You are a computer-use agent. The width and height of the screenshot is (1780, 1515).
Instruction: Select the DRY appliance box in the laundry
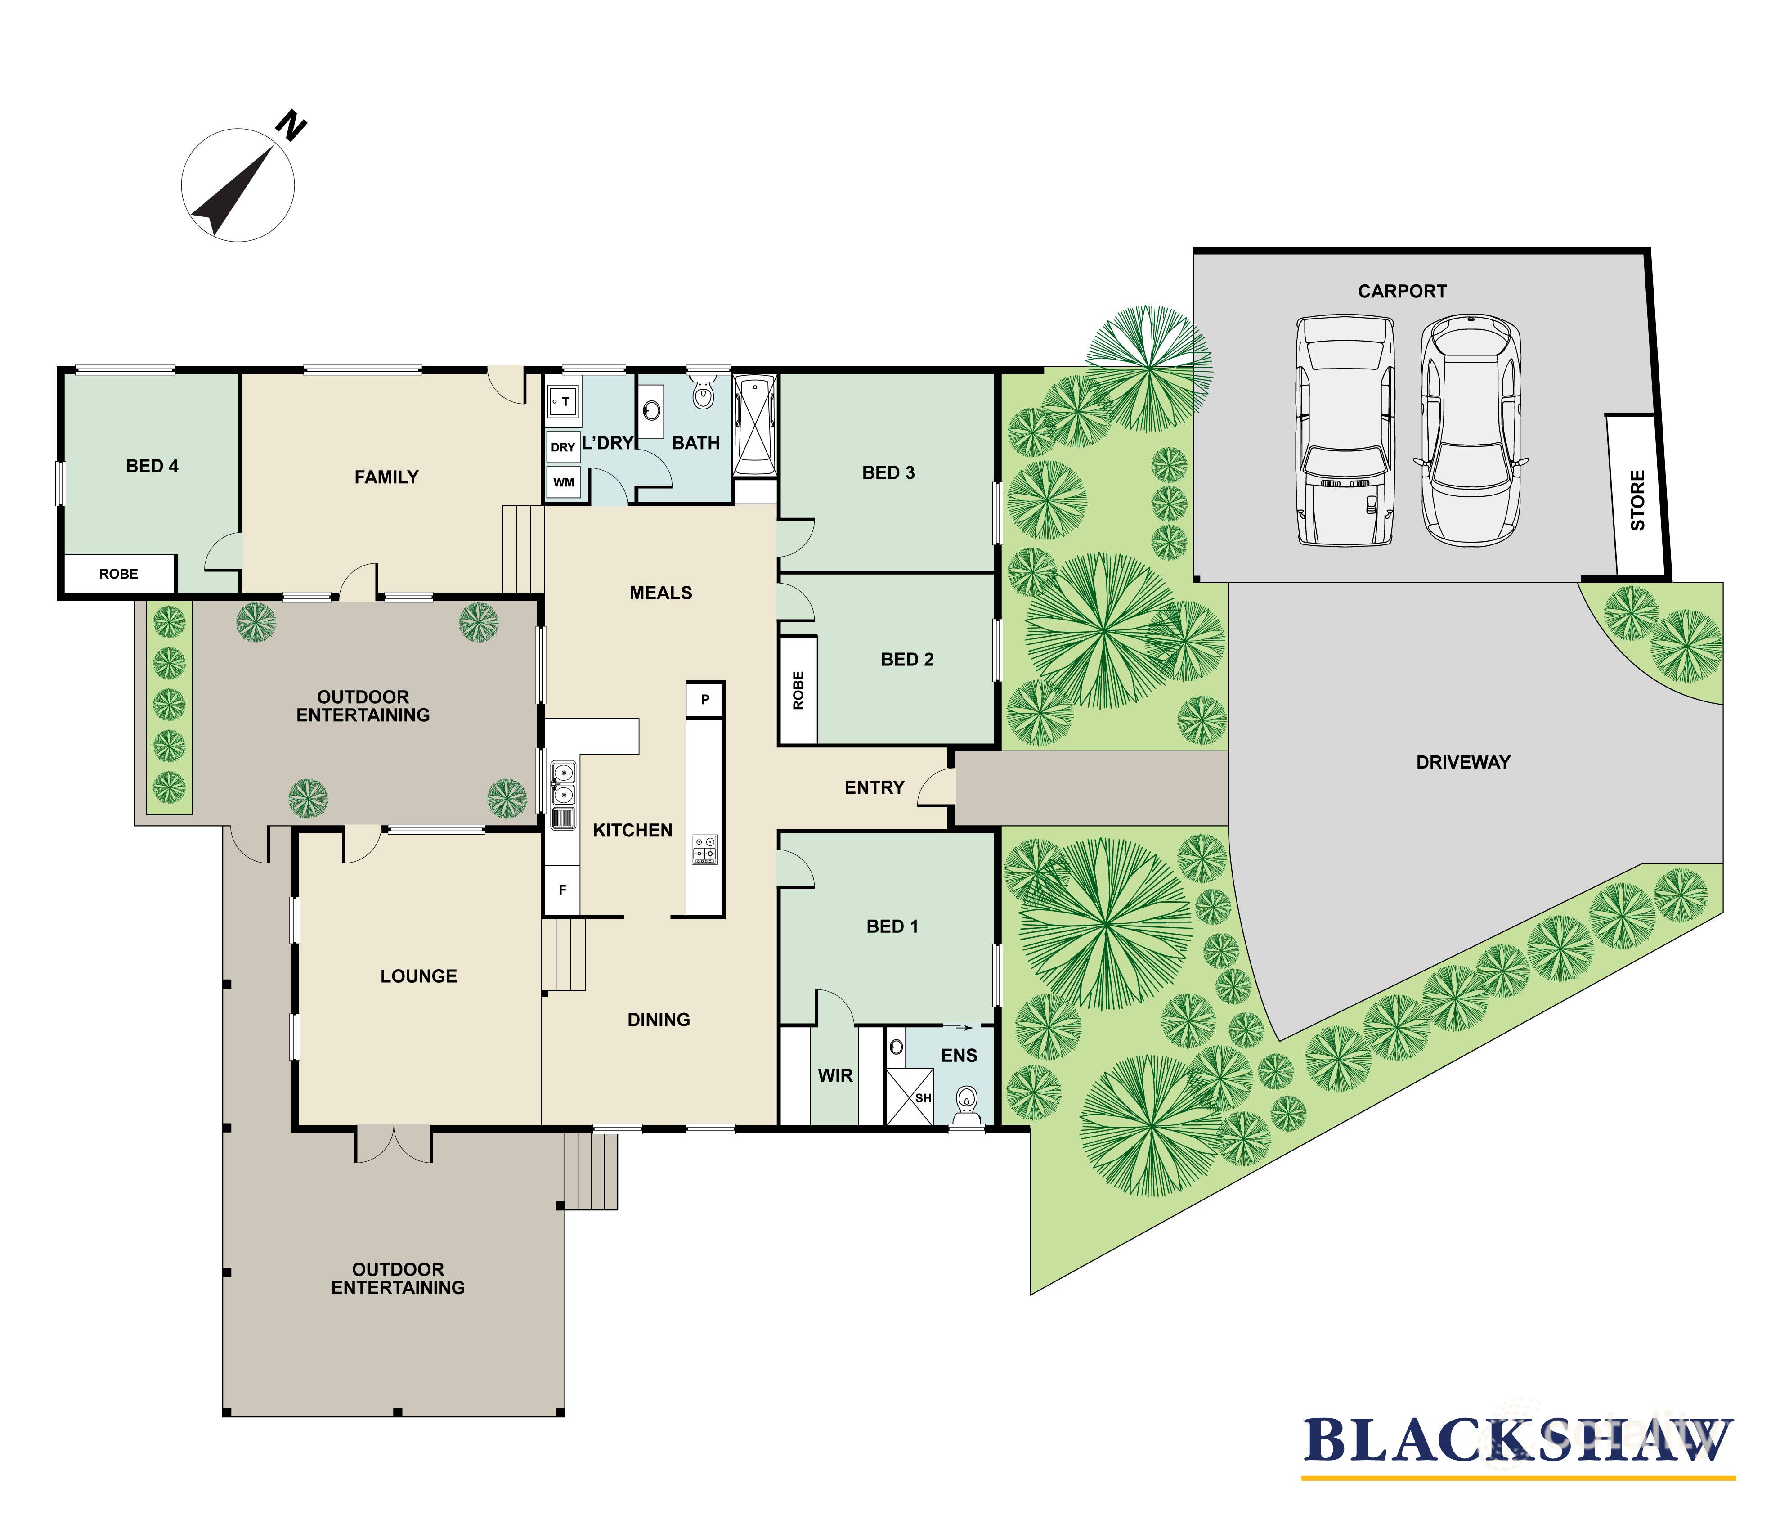click(562, 447)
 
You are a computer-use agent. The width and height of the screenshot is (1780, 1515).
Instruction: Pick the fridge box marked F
click(562, 890)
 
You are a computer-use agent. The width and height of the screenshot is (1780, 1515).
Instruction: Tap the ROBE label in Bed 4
click(118, 574)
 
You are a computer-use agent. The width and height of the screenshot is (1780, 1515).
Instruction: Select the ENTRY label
click(874, 787)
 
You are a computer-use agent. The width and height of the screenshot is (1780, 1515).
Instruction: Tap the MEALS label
click(660, 593)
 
